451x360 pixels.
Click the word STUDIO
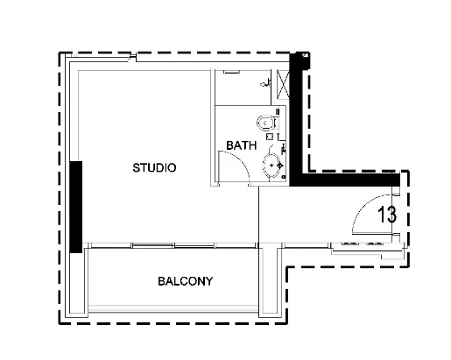[x=154, y=166]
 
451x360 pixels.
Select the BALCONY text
[x=186, y=282]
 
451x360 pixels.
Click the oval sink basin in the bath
[x=273, y=164]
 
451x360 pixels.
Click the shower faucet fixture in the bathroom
[x=264, y=84]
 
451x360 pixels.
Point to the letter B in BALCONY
[x=162, y=282]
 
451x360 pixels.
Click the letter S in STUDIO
[x=135, y=166]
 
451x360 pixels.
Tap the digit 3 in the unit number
[x=394, y=213]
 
